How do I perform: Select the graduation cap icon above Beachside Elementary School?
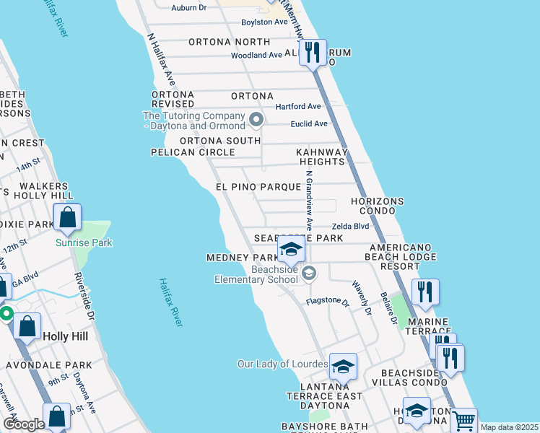[291, 250]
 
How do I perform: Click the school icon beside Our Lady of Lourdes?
[344, 367]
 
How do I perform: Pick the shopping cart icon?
[463, 420]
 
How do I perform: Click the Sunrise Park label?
[84, 243]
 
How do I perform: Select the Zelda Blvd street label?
[350, 226]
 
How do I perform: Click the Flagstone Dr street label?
[327, 302]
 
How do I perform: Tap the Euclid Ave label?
[309, 123]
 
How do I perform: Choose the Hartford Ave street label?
[297, 107]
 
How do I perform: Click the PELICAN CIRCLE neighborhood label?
[193, 152]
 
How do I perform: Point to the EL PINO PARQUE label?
[258, 187]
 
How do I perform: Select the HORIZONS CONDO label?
[377, 206]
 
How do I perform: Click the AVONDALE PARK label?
[42, 366]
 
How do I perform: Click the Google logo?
[23, 424]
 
